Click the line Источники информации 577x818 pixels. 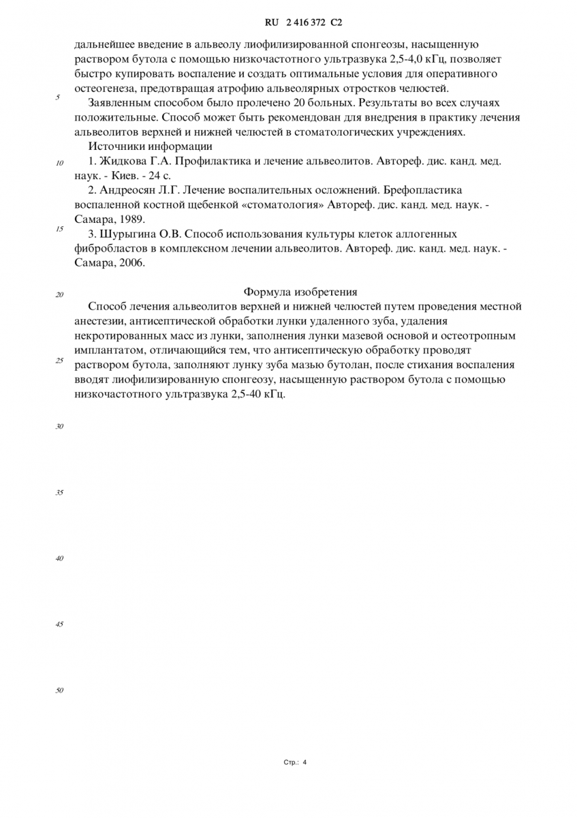pos(150,146)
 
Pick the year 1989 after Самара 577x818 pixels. pos(132,219)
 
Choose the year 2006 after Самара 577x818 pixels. pos(132,263)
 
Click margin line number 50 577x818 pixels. pos(59,691)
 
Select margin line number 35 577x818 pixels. pos(59,492)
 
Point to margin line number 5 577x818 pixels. pos(58,97)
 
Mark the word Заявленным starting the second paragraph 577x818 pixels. pos(120,103)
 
